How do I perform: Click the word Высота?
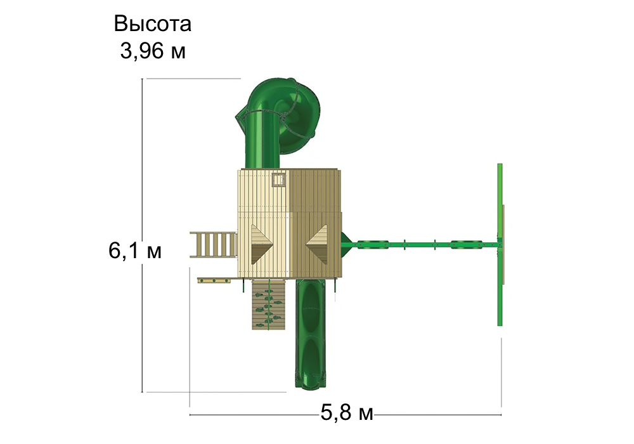click(152, 24)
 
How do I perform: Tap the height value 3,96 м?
click(153, 51)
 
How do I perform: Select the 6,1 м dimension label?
click(134, 251)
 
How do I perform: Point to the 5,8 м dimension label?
click(347, 414)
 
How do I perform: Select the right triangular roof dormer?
click(317, 245)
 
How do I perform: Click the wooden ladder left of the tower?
click(214, 245)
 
